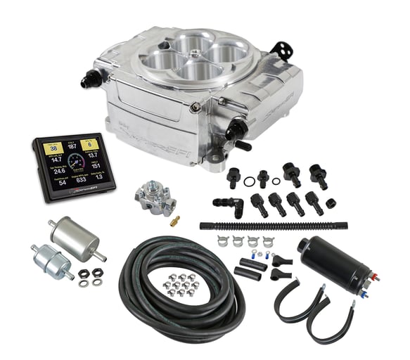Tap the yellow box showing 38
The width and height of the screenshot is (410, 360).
point(52,149)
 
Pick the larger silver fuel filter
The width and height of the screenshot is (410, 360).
point(75,238)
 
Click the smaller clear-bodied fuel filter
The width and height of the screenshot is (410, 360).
point(51,261)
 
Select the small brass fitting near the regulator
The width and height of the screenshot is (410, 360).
point(174,219)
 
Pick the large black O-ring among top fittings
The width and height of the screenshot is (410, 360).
point(249,180)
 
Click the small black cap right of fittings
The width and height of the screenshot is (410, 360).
point(331,203)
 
